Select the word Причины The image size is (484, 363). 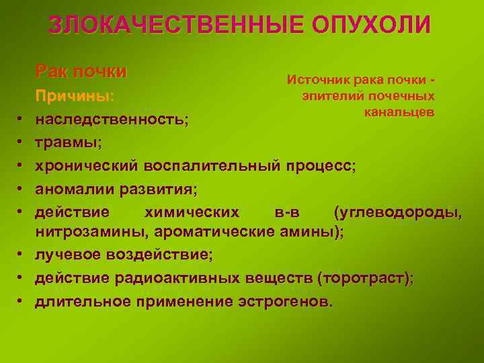pyautogui.click(x=74, y=95)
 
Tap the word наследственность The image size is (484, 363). pyautogui.click(x=110, y=120)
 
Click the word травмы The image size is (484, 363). pyautogui.click(x=67, y=143)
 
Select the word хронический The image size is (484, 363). pyautogui.click(x=86, y=166)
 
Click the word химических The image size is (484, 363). pyautogui.click(x=192, y=212)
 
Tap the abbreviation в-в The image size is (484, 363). pyautogui.click(x=288, y=212)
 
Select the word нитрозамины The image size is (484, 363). pyautogui.click(x=92, y=233)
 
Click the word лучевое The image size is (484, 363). pyautogui.click(x=71, y=255)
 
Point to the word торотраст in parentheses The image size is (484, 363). pyautogui.click(x=366, y=278)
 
